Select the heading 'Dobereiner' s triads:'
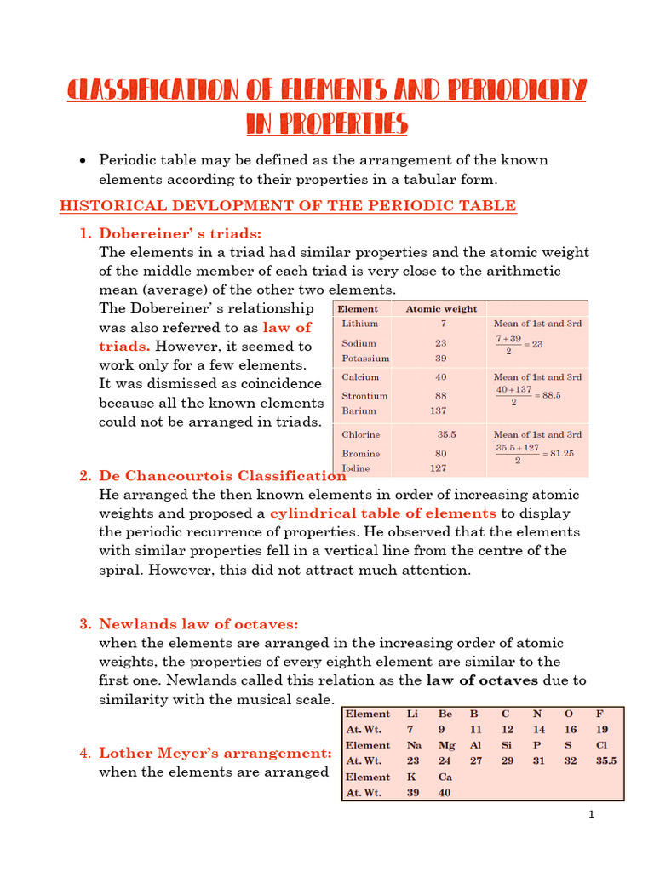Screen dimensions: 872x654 point(181,233)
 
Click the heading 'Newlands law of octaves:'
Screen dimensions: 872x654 point(198,624)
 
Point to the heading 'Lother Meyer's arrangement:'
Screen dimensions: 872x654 point(215,753)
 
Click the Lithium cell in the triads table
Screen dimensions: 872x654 point(359,324)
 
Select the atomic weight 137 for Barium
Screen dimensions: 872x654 point(438,410)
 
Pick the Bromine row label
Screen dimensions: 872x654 point(361,453)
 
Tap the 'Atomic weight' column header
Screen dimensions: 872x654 point(441,308)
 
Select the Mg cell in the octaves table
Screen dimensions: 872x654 point(446,745)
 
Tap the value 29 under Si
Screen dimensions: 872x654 point(507,761)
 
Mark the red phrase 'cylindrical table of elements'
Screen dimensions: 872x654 point(382,513)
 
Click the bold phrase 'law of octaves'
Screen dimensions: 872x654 point(481,680)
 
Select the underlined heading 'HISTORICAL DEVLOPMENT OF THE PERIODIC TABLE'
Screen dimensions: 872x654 point(287,205)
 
